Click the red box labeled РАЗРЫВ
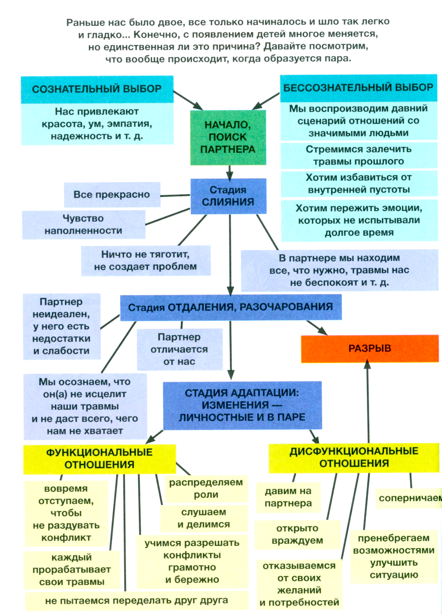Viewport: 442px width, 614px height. pos(370,349)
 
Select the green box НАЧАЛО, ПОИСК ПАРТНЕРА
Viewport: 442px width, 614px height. pos(228,137)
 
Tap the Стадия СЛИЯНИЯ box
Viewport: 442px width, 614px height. pos(228,196)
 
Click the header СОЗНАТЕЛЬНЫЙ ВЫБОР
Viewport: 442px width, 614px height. pos(97,89)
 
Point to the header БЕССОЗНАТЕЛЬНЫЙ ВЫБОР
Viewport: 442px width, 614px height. pos(358,88)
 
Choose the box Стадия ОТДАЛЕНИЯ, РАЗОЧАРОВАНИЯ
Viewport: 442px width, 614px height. pos(230,307)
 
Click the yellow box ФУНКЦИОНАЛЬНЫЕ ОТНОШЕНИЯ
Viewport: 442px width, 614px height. pos(99,459)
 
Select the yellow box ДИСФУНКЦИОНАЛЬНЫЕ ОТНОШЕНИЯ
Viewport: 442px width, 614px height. pos(354,457)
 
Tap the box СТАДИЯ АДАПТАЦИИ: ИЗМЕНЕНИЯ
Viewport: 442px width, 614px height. pos(242,405)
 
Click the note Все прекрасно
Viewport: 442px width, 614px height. pos(112,195)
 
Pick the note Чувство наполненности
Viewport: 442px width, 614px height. pos(84,225)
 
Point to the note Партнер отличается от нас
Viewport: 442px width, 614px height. pos(179,349)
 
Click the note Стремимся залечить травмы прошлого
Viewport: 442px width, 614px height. pos(358,155)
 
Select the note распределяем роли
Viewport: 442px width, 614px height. pos(206,488)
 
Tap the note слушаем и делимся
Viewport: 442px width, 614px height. pos(204,518)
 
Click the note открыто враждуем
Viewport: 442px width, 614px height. pos(297,534)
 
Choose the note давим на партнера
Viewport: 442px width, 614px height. pos(288,497)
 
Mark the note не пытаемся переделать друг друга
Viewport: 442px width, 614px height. pos(137,601)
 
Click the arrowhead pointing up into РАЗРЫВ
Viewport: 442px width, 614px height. pos(367,364)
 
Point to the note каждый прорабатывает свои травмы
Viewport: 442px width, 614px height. pos(72,570)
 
